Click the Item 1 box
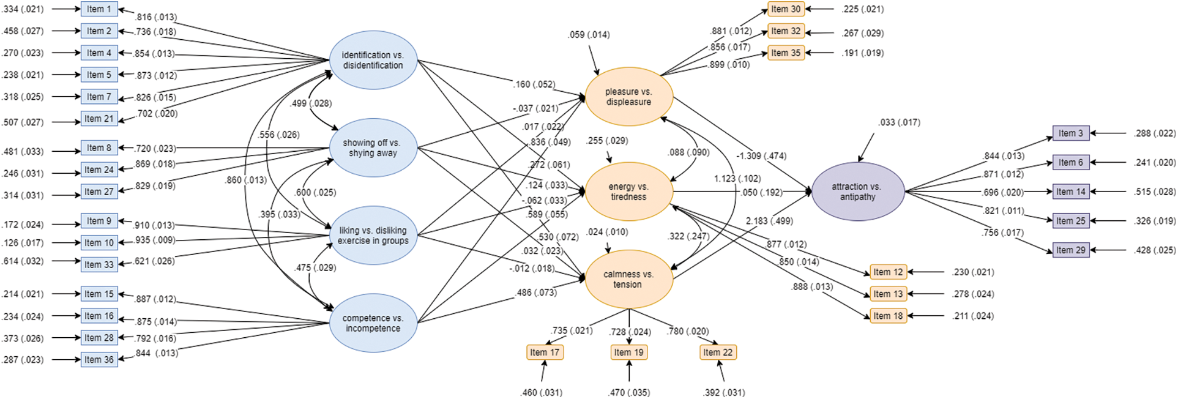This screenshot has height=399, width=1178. (x=99, y=9)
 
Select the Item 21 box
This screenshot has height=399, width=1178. (x=99, y=119)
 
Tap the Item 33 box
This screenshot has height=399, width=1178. (x=99, y=264)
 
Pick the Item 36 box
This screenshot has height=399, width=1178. (x=99, y=360)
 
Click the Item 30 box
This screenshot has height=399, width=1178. (x=786, y=9)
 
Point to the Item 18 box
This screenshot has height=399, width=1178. (x=888, y=316)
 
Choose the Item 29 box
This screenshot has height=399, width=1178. (x=1071, y=250)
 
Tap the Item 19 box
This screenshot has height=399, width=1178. (x=629, y=352)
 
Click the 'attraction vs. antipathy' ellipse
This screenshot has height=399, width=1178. (x=857, y=192)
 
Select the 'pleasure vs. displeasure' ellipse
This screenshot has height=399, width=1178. (x=629, y=97)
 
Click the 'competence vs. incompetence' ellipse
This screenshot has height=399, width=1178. (x=373, y=323)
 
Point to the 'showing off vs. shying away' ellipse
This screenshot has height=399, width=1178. (x=373, y=147)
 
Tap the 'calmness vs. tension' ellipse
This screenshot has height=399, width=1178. (x=629, y=279)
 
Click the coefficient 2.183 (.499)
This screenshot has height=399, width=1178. (x=769, y=221)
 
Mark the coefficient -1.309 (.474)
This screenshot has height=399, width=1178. (x=761, y=156)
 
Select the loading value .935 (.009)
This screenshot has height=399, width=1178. (x=155, y=241)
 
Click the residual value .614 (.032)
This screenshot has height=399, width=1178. (x=23, y=261)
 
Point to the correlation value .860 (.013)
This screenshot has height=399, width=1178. (x=245, y=180)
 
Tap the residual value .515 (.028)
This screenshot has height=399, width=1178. (x=1154, y=192)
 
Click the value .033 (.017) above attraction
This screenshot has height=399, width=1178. (x=899, y=122)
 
